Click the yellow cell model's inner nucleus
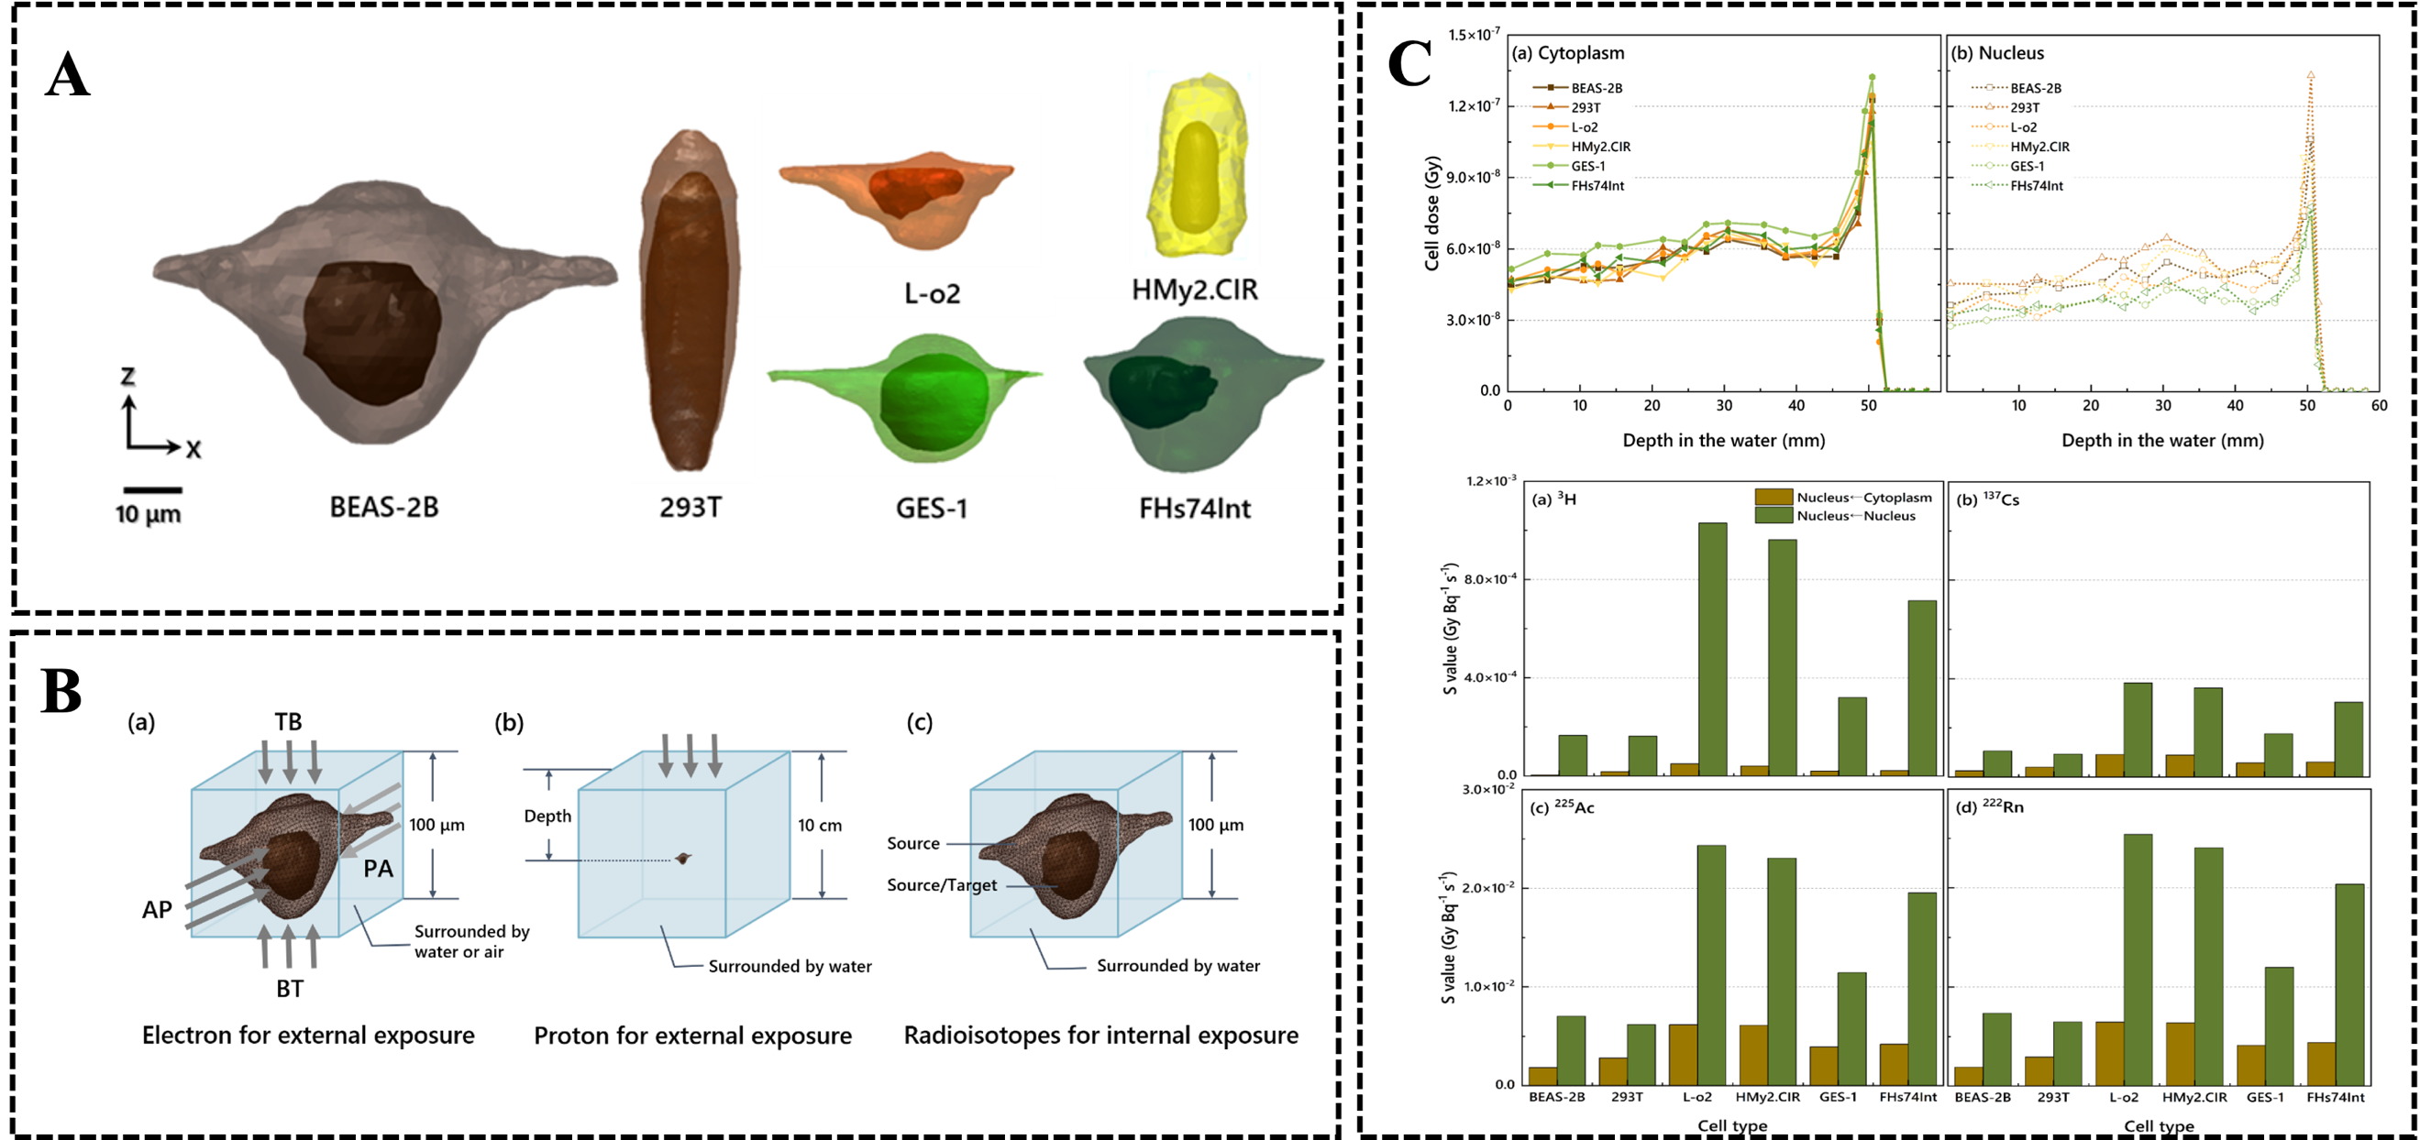[x=1194, y=177]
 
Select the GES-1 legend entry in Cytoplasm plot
[x=1587, y=166]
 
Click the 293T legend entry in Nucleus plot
[x=2025, y=108]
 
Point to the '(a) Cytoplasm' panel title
[x=1568, y=53]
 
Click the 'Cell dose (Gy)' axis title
[x=1431, y=214]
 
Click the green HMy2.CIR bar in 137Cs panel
[x=2207, y=731]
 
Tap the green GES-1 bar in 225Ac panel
[x=1852, y=1028]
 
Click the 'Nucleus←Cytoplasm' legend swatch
[x=1774, y=498]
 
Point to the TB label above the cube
[x=289, y=722]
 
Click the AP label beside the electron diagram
[x=157, y=910]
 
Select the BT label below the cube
[x=290, y=989]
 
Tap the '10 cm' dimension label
[x=819, y=826]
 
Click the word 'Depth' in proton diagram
[x=547, y=816]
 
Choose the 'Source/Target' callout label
[x=943, y=884]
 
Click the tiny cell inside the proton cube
[x=683, y=859]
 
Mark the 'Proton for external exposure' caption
[x=692, y=1036]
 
